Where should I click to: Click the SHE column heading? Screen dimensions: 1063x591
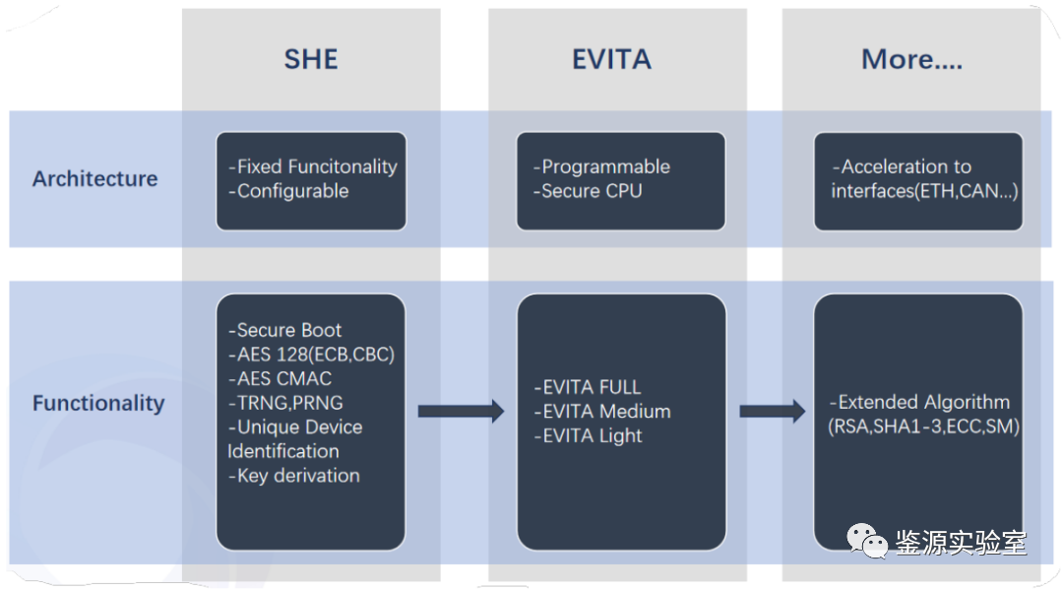[310, 59]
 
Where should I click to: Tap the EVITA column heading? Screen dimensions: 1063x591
[611, 59]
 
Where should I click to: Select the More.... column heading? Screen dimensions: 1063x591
[911, 59]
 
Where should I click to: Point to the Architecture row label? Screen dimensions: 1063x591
[94, 178]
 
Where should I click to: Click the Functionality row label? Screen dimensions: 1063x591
[99, 403]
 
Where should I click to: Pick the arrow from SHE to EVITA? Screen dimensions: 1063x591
[461, 411]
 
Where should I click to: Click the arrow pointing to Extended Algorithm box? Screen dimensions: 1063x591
[773, 411]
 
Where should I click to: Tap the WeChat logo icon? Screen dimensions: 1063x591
[867, 541]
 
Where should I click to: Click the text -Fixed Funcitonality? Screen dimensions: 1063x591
[313, 166]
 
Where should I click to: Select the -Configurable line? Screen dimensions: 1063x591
[288, 191]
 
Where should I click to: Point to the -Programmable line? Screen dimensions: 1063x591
[601, 166]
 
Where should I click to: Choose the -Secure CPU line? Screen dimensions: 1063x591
[587, 191]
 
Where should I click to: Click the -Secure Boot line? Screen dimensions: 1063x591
[284, 330]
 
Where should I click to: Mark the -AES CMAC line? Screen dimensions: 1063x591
[280, 378]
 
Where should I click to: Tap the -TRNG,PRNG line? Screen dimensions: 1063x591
[285, 402]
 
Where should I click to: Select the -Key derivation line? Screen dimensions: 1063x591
[293, 476]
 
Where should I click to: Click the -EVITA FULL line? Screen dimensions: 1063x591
[587, 387]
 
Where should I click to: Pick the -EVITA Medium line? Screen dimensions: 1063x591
[602, 411]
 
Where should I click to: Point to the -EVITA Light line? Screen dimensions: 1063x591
[588, 435]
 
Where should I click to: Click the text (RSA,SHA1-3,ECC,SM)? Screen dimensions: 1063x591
[923, 427]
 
